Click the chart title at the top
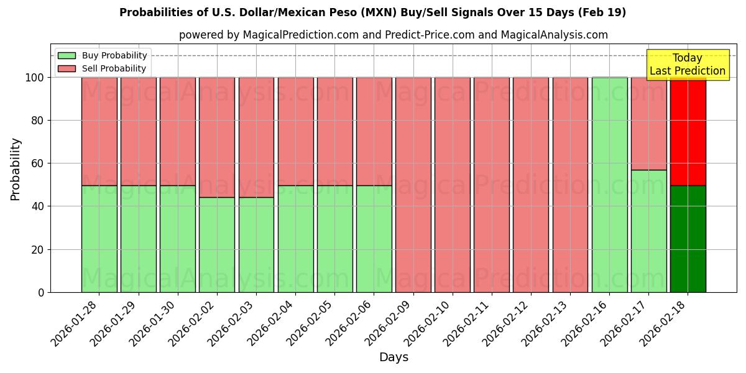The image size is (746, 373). coord(372,12)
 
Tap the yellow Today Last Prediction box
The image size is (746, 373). coord(688,65)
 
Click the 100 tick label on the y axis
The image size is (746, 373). coord(34,78)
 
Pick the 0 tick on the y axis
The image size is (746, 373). coord(40,292)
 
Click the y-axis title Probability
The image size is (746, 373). coord(16,168)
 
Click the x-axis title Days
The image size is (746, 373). coord(394,357)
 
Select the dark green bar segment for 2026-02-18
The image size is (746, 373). coord(688,239)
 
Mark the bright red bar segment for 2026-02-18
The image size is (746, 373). coord(688,131)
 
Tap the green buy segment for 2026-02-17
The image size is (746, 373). coord(648,231)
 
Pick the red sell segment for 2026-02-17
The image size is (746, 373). coord(648,124)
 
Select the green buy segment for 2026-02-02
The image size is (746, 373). coord(217,244)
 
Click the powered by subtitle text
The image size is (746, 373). coord(394,35)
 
